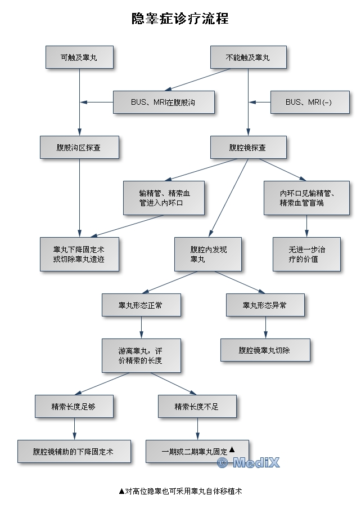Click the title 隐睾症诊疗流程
tap(180, 19)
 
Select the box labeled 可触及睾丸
tap(79, 57)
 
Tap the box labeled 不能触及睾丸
tap(248, 57)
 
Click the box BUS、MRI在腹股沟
tap(164, 102)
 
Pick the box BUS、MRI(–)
tap(309, 102)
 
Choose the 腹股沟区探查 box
tap(79, 147)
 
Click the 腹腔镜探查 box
tap(248, 147)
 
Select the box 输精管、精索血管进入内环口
tap(164, 198)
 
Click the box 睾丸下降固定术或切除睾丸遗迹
tap(79, 254)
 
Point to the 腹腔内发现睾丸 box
tap(209, 254)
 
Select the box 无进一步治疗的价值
tap(306, 254)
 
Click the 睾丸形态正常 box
tap(141, 305)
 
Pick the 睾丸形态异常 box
tap(265, 305)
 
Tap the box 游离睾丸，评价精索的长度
tap(141, 355)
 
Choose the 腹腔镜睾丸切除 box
tap(265, 350)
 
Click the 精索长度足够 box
tap(74, 406)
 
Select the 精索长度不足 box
tap(197, 406)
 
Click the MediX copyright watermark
tap(248, 463)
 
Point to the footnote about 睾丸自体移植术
tap(180, 491)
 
